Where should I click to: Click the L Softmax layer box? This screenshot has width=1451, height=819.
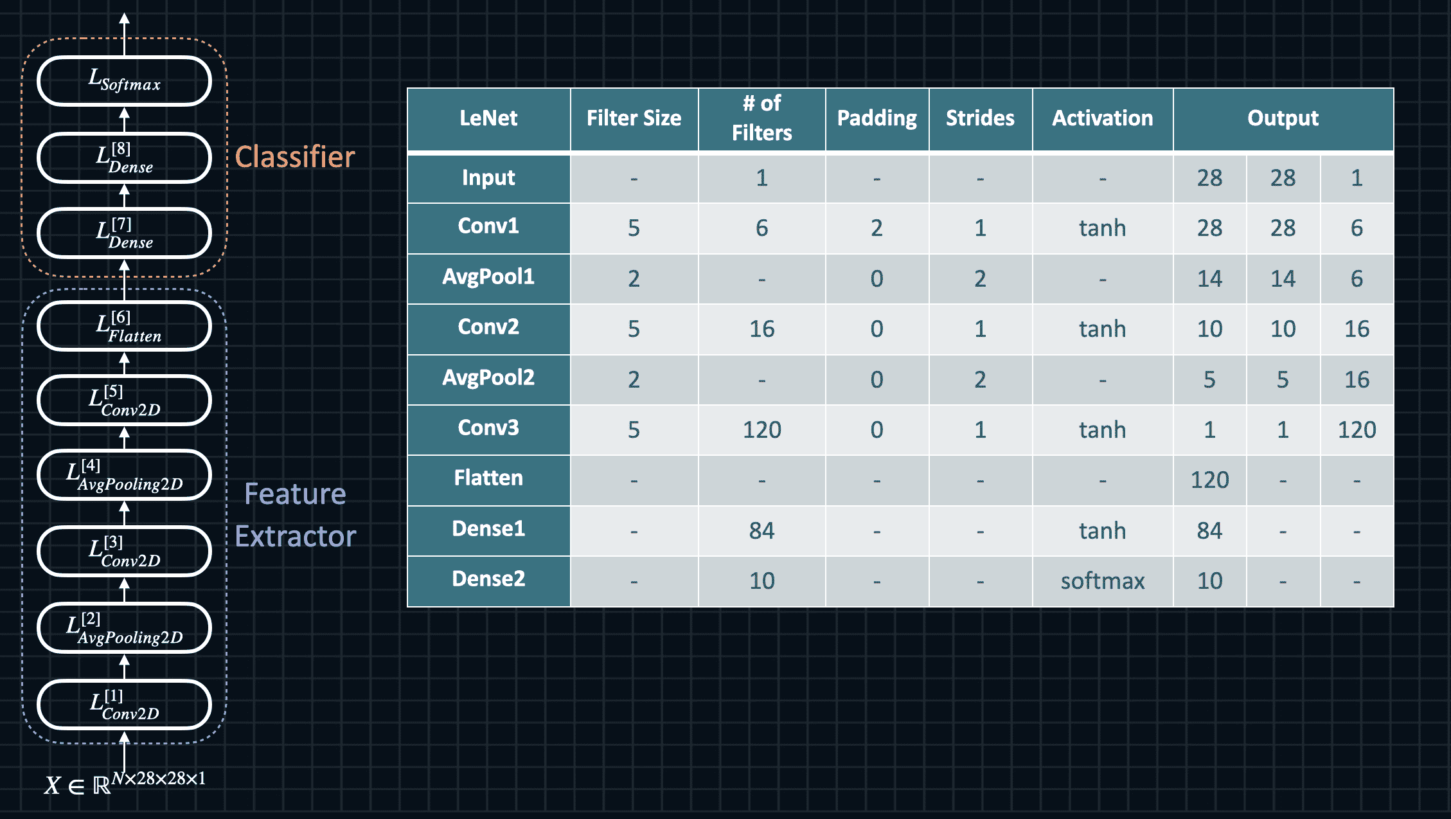(x=125, y=81)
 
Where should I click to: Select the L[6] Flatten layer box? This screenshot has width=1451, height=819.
(x=125, y=326)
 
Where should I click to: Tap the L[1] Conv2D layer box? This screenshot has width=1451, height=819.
(x=125, y=704)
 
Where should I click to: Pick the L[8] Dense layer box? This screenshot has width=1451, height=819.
(x=125, y=157)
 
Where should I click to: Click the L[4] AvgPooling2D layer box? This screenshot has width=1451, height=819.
(x=125, y=474)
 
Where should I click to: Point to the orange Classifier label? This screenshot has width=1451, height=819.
(x=295, y=157)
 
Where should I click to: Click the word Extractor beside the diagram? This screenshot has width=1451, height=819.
(x=295, y=536)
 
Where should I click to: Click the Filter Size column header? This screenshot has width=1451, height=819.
(x=634, y=119)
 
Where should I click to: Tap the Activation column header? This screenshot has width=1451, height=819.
(x=1102, y=119)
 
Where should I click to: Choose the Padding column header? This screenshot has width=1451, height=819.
(x=877, y=119)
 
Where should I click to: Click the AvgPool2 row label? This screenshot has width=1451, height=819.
(x=488, y=378)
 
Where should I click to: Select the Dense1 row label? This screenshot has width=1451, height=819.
(x=488, y=529)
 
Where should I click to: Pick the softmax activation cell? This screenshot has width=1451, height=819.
(x=1102, y=581)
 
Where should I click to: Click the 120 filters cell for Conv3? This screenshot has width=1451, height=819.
(x=761, y=429)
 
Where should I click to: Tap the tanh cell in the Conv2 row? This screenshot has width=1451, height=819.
(x=1102, y=329)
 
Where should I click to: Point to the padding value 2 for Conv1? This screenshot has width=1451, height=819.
(x=877, y=228)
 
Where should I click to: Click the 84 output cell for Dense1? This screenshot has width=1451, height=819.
(x=1209, y=531)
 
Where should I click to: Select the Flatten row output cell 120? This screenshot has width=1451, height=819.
(x=1209, y=480)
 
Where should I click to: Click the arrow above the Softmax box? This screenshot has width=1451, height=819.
(x=125, y=34)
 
